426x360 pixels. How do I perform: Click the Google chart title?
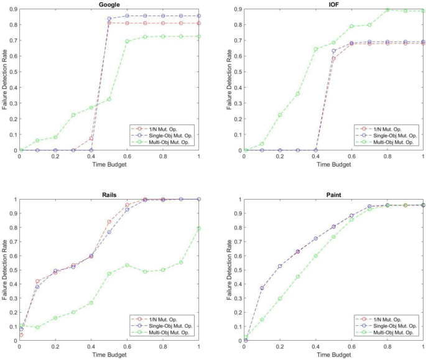tap(109, 5)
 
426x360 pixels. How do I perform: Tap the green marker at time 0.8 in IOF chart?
tap(387, 10)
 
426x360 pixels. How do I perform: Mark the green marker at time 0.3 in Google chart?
tap(73, 115)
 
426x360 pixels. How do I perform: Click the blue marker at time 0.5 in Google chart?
tap(109, 19)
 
